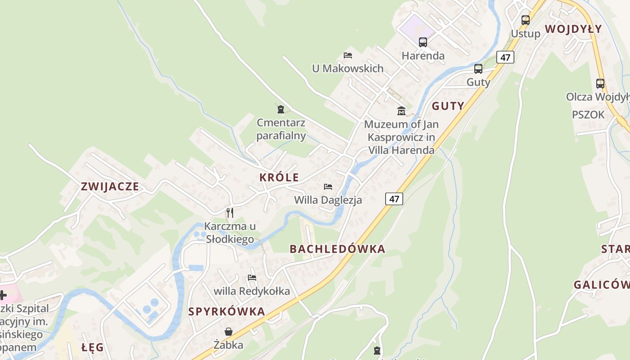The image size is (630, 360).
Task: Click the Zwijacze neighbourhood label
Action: click(110, 187)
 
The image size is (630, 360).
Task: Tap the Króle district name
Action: click(279, 177)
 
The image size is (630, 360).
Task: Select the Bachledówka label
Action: click(337, 249)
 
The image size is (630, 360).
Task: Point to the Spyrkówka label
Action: click(226, 311)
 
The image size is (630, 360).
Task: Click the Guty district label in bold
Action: click(448, 106)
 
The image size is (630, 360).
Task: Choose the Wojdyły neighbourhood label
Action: click(573, 29)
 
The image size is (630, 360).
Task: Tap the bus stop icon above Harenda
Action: click(423, 42)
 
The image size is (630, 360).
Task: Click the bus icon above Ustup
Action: click(526, 20)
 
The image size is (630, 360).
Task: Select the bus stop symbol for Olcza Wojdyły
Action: click(600, 83)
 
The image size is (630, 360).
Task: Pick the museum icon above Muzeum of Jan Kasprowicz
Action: click(401, 111)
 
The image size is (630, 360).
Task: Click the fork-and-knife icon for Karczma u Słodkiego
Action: click(229, 212)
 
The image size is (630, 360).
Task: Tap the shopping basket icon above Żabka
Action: click(229, 332)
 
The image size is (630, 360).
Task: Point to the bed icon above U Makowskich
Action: click(348, 55)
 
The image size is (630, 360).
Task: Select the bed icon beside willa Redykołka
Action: click(252, 278)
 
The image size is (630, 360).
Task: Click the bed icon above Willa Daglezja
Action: click(328, 186)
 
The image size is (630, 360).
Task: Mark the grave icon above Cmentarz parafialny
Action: click(281, 109)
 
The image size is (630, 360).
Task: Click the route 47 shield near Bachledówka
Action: click(394, 199)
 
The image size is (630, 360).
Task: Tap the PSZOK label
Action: click(588, 115)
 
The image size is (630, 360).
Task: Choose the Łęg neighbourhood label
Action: click(93, 347)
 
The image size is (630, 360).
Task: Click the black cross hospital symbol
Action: click(3, 295)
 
